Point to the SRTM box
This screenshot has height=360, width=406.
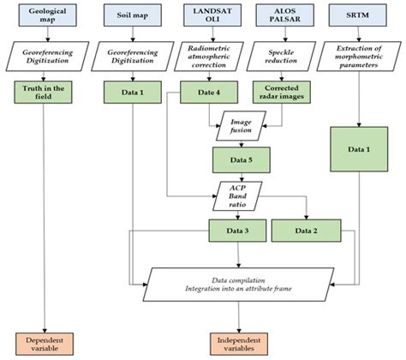[360, 17]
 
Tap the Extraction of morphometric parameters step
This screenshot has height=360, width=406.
[360, 57]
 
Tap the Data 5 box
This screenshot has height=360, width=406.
[239, 159]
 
